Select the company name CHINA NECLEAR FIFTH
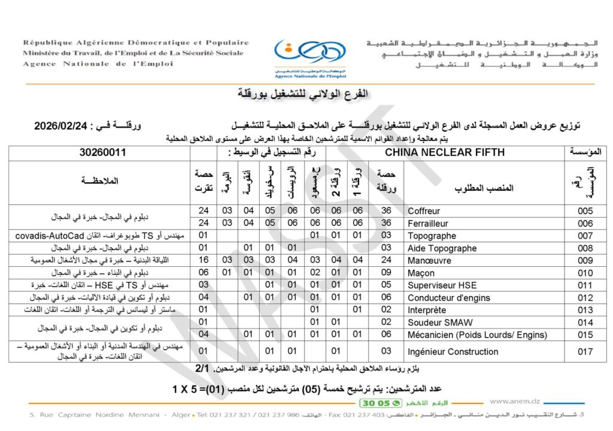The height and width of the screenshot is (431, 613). pyautogui.click(x=445, y=152)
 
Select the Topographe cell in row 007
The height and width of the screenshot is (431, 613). pyautogui.click(x=432, y=236)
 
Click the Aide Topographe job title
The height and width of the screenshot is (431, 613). pyautogui.click(x=442, y=248)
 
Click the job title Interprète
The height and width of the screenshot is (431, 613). pyautogui.click(x=426, y=310)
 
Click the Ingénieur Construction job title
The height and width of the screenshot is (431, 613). pyautogui.click(x=453, y=351)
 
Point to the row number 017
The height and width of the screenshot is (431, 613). pyautogui.click(x=585, y=351)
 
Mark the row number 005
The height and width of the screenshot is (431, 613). pyautogui.click(x=585, y=211)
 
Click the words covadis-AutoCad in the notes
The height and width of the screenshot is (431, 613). pyautogui.click(x=43, y=236)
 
